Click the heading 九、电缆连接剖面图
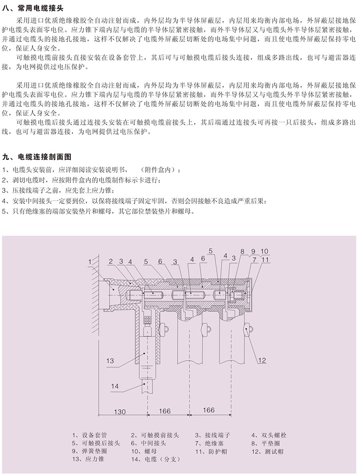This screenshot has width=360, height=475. point(37,157)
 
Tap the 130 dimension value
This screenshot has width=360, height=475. point(120,412)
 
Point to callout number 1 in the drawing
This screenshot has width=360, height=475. point(90,261)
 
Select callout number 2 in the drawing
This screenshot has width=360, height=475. point(111,261)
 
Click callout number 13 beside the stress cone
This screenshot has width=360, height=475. point(110,361)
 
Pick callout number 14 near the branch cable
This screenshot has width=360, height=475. point(115,386)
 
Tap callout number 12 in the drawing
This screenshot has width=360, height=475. point(262,360)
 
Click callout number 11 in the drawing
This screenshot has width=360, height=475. point(266,259)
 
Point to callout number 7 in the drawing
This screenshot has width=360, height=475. point(254,259)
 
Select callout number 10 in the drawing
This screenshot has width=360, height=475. point(264,251)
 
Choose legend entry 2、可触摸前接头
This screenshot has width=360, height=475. point(155,435)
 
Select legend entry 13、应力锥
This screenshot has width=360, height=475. point(88,459)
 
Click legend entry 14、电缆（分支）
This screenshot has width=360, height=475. point(156,459)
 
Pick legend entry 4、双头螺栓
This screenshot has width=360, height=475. point(269,435)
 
